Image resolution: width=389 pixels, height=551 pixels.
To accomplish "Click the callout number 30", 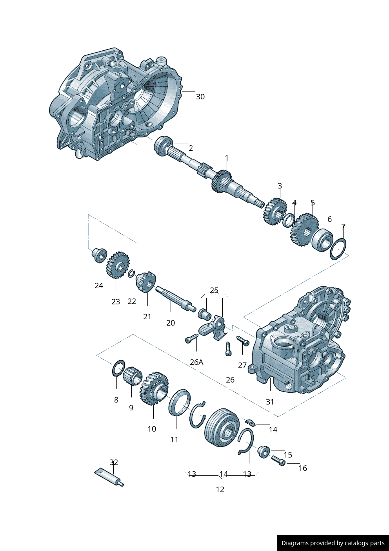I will [x=200, y=97].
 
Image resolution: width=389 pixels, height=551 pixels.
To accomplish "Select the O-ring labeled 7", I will [x=338, y=249].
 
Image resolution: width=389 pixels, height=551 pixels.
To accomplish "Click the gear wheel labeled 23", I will [x=117, y=265].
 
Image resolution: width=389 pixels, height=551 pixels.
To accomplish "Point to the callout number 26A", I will [x=196, y=362].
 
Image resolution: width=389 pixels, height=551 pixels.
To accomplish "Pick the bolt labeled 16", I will [x=278, y=461].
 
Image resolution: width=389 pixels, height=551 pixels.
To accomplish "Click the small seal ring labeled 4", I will [x=289, y=220].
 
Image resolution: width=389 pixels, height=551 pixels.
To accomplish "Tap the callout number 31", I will [x=270, y=402].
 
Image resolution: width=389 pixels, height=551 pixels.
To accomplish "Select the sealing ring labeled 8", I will [x=118, y=368].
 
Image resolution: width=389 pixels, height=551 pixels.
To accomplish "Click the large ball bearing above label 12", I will [x=222, y=427].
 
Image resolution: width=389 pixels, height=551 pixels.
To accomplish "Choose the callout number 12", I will [x=220, y=489].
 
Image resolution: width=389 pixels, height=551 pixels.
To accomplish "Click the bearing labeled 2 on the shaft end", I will [x=163, y=146].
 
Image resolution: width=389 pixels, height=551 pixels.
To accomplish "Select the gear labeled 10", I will [x=154, y=388].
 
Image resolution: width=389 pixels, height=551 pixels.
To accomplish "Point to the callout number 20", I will [x=171, y=323].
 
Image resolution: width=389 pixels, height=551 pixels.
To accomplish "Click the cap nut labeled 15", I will [x=264, y=451].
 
